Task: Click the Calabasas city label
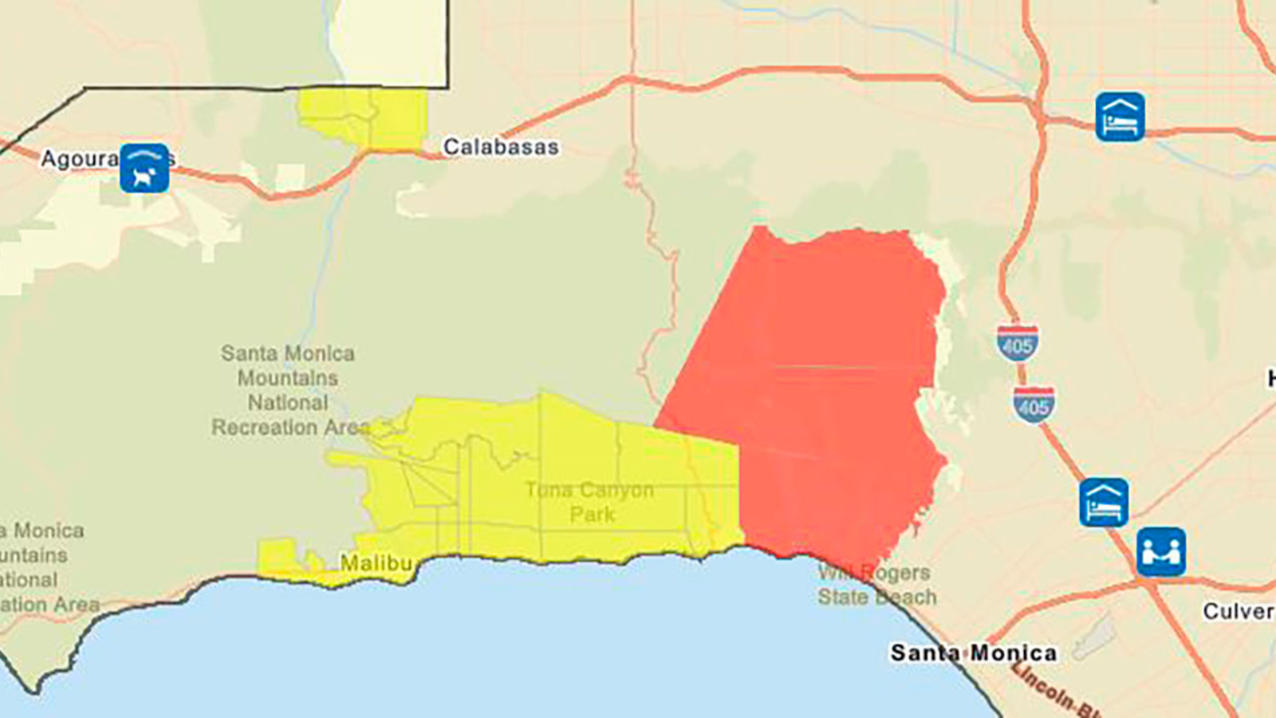pos(501,147)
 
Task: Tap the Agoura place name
pos(80,159)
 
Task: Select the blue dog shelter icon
pos(144,168)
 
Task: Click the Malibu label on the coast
pos(376,563)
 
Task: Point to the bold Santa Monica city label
pos(973,653)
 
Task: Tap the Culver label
pos(1239,612)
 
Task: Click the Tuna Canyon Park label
pos(590,502)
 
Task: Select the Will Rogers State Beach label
pos(876,585)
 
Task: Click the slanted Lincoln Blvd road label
pos(1053,688)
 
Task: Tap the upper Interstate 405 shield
pos(1018,343)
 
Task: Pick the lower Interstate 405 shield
pos(1034,404)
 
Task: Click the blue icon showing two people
pos(1160,551)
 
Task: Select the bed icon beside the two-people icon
pos(1104,503)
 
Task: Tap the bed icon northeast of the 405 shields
pos(1120,116)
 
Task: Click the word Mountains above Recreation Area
pos(288,377)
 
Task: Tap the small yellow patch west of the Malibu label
pos(279,557)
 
